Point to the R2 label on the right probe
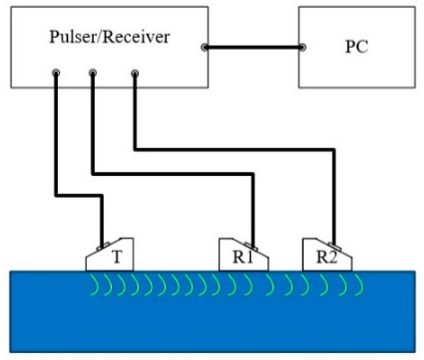[328, 257]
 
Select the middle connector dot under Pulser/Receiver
[93, 74]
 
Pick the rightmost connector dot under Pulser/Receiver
[135, 74]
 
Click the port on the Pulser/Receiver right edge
[205, 48]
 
